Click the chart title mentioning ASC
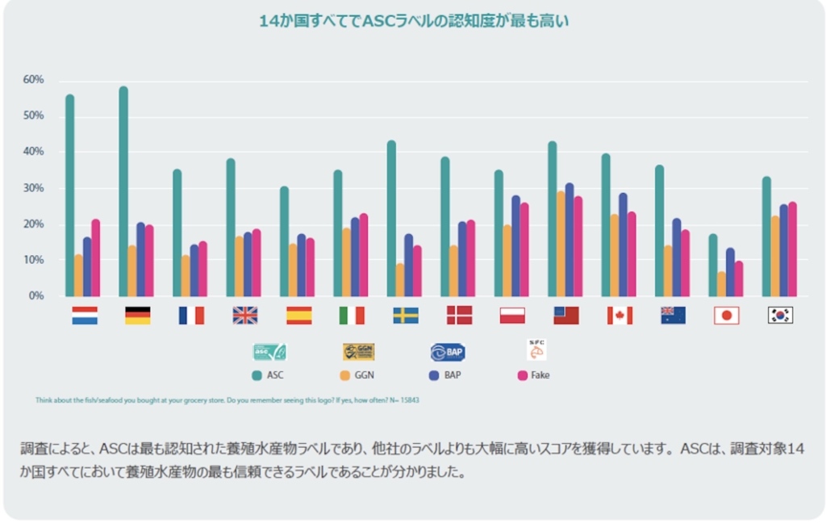click(x=413, y=22)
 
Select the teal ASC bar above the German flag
click(x=123, y=191)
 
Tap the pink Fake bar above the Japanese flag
click(x=738, y=278)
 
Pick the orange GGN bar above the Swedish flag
click(x=400, y=279)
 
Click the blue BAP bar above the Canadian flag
click(x=623, y=245)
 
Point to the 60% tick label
click(x=33, y=80)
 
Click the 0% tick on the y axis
click(x=36, y=296)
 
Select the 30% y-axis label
click(x=33, y=188)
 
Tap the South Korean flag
click(x=780, y=316)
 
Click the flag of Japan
click(x=726, y=316)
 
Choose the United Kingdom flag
click(x=245, y=316)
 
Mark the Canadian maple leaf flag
click(x=619, y=316)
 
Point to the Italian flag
click(x=352, y=316)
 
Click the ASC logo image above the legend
click(x=269, y=352)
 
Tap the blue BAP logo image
click(x=448, y=352)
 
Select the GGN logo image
click(x=358, y=352)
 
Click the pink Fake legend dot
click(x=522, y=375)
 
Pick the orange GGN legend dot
click(x=344, y=375)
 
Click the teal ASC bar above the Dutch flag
click(x=70, y=195)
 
